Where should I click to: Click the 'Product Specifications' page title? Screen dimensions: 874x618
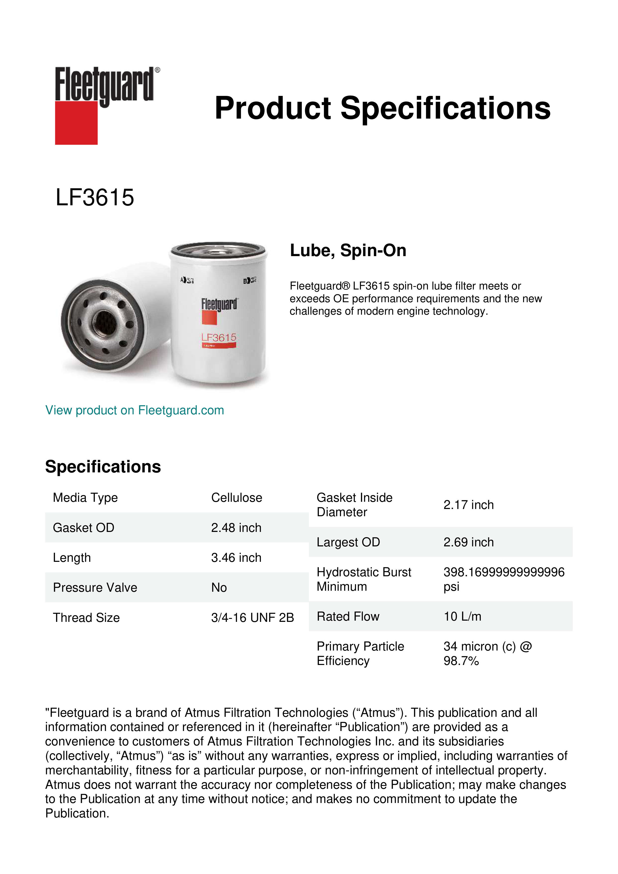click(x=382, y=108)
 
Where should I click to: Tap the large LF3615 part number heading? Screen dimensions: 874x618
click(x=95, y=198)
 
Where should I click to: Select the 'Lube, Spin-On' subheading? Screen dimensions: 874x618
click(x=348, y=250)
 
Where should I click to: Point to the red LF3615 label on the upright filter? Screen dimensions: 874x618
click(x=219, y=338)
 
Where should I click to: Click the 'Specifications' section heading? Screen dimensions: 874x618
click(x=103, y=467)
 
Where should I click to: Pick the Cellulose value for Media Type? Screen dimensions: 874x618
click(x=236, y=498)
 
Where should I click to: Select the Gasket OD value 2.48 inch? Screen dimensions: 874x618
click(x=236, y=528)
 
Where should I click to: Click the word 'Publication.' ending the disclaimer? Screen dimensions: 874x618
click(x=77, y=813)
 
